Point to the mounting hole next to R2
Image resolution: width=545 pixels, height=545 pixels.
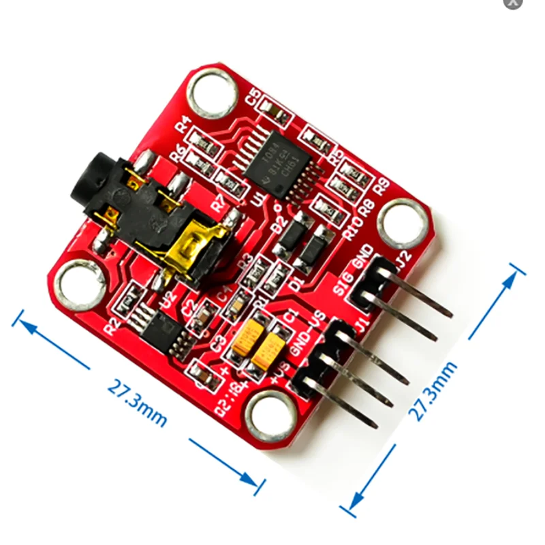[x=80, y=285]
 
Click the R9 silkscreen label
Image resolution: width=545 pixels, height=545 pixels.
[x=381, y=183]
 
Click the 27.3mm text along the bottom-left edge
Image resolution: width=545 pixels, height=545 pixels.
[x=137, y=403]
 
